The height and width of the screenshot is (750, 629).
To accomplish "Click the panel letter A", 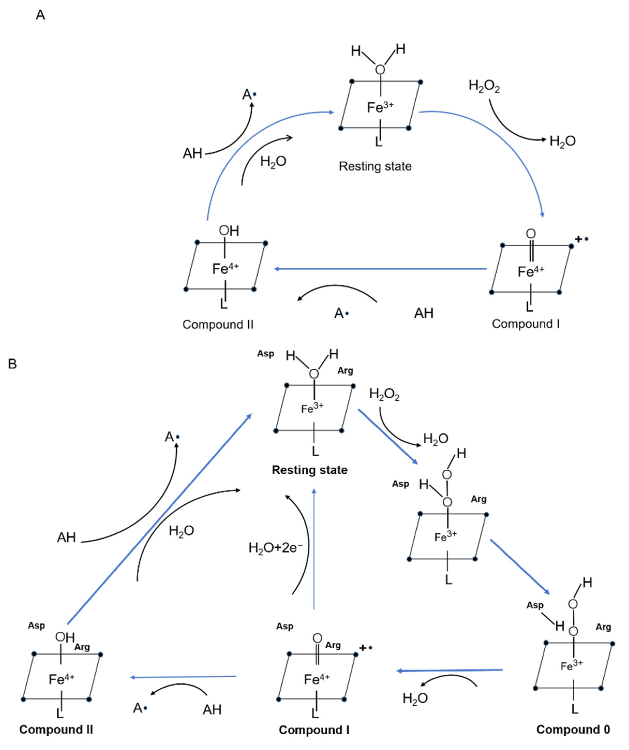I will pyautogui.click(x=40, y=15).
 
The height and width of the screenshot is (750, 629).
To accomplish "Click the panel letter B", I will pyautogui.click(x=12, y=364).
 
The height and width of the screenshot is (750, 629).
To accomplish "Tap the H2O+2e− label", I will pyautogui.click(x=276, y=548).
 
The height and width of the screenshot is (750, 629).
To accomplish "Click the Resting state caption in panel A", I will pyautogui.click(x=375, y=166).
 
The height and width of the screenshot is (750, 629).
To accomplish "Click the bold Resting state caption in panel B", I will pyautogui.click(x=310, y=470).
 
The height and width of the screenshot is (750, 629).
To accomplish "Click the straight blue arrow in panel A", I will pyautogui.click(x=380, y=269).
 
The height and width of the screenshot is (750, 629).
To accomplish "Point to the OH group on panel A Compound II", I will pyautogui.click(x=229, y=231).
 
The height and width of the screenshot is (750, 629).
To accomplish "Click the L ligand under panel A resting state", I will pyautogui.click(x=379, y=142).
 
